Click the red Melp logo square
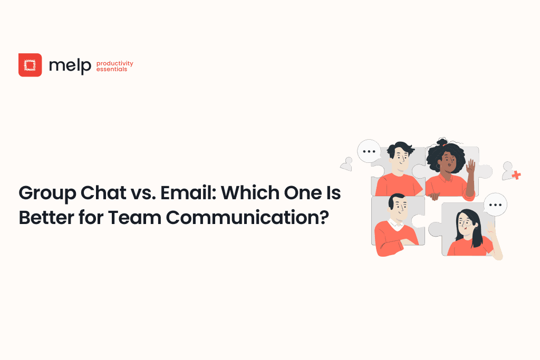pyautogui.click(x=30, y=65)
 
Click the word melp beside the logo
pyautogui.click(x=70, y=65)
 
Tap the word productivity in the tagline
pyautogui.click(x=114, y=63)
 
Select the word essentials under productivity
pyautogui.click(x=112, y=69)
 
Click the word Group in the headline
pyautogui.click(x=47, y=193)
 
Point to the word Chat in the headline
pyautogui.click(x=103, y=193)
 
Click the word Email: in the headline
pyautogui.click(x=188, y=193)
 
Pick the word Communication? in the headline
pyautogui.click(x=247, y=218)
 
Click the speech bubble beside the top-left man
pyautogui.click(x=369, y=151)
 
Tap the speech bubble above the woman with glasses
pyautogui.click(x=495, y=205)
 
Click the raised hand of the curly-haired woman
pyautogui.click(x=470, y=167)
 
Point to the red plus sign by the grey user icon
pyautogui.click(x=516, y=175)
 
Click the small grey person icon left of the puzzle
pyautogui.click(x=347, y=164)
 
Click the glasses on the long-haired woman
pyautogui.click(x=467, y=223)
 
